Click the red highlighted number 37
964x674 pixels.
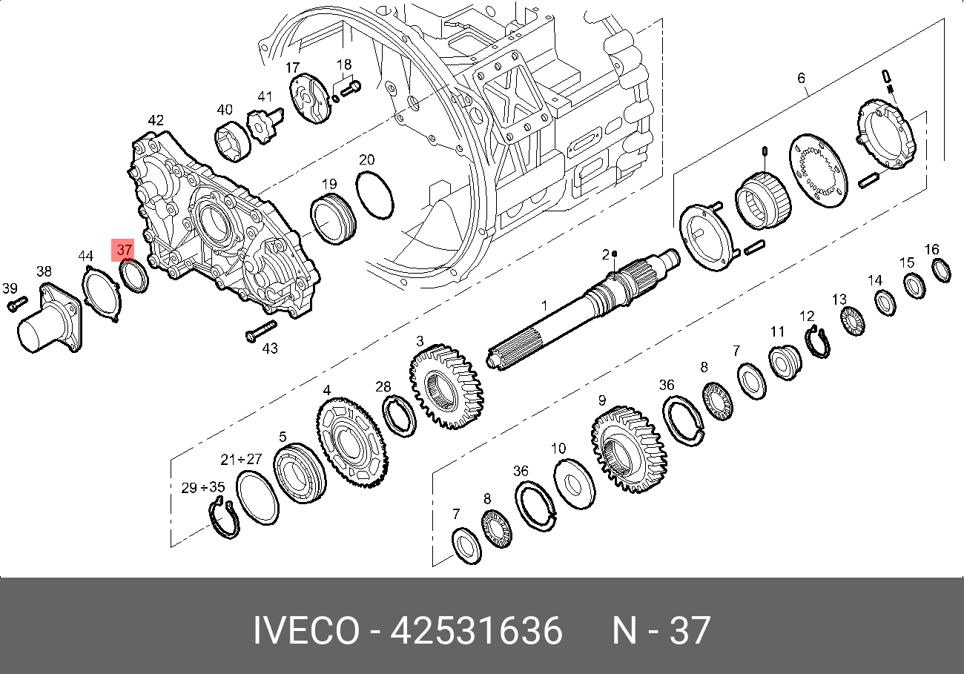[x=124, y=250]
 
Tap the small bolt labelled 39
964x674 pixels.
[x=17, y=304]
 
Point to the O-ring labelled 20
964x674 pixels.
[x=374, y=195]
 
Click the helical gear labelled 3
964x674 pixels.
[x=447, y=386]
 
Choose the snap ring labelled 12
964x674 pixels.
[x=818, y=343]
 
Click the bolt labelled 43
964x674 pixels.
[x=261, y=331]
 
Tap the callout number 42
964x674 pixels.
[x=156, y=120]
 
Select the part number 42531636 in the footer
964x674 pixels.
[x=476, y=630]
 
